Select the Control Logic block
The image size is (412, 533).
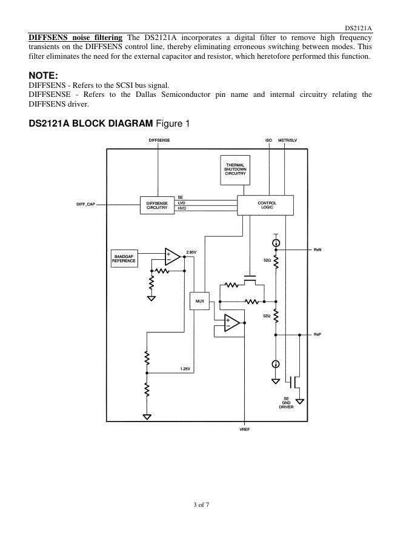(x=267, y=205)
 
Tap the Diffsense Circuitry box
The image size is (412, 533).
(x=157, y=205)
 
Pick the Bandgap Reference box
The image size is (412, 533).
(x=124, y=259)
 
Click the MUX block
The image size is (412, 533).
(x=199, y=300)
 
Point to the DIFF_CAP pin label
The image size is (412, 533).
(x=85, y=205)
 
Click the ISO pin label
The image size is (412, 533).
(x=268, y=140)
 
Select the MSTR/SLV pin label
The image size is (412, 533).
(x=287, y=140)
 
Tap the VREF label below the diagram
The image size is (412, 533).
(x=245, y=429)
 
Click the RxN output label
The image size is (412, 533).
(x=317, y=249)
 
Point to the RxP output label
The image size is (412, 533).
(x=317, y=334)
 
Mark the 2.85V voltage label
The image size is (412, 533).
(x=191, y=251)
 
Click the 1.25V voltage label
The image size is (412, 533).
(x=185, y=368)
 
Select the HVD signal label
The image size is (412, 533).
(x=182, y=208)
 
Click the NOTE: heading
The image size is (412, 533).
(x=44, y=75)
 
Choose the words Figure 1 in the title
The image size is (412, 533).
(x=173, y=124)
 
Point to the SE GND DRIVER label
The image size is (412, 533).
(x=286, y=403)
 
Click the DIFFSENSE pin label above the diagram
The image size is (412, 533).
(x=159, y=140)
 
